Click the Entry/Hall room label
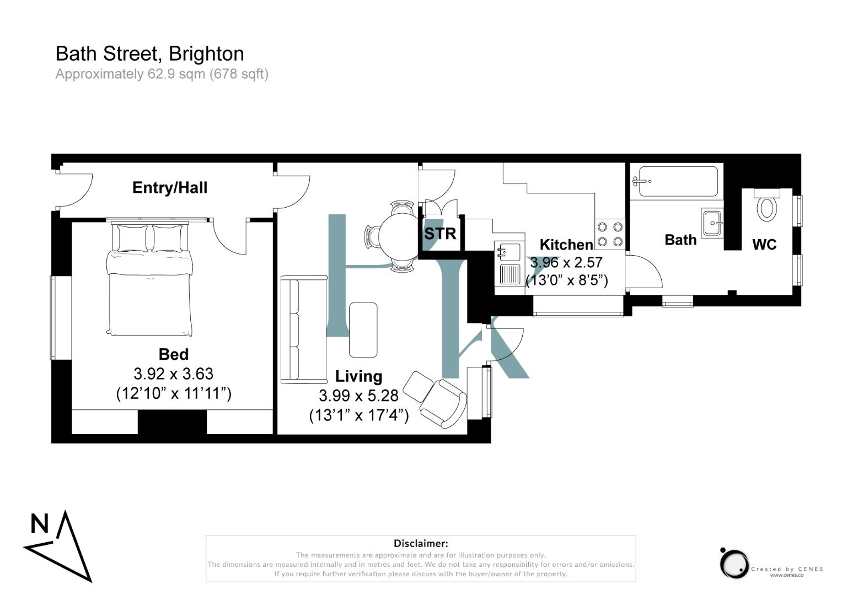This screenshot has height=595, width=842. [170, 187]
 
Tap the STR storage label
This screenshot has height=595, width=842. [440, 234]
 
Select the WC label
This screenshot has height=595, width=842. [764, 245]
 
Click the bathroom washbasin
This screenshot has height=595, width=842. [712, 223]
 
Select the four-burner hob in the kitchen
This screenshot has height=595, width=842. [610, 234]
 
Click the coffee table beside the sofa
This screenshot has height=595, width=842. [363, 329]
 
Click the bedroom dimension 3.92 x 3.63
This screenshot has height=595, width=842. [173, 374]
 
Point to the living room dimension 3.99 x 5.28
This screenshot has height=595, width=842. [358, 396]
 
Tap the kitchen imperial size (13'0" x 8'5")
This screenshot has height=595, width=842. [567, 280]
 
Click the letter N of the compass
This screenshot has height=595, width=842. [39, 523]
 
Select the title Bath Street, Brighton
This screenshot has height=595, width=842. [149, 53]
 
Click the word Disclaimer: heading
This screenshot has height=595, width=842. [421, 544]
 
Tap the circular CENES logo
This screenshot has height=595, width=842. [734, 563]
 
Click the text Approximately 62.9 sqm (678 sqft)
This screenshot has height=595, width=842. [162, 74]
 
